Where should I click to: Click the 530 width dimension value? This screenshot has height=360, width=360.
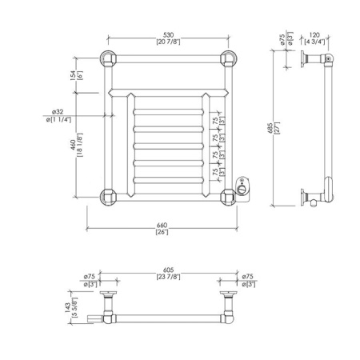click(169, 35)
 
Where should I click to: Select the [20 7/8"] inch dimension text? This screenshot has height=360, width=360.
click(169, 42)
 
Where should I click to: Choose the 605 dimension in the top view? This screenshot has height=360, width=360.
click(168, 270)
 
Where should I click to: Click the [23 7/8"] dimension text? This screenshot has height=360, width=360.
click(168, 277)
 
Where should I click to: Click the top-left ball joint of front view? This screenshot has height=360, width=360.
click(107, 58)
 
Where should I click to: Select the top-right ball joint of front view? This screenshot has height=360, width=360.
click(229, 58)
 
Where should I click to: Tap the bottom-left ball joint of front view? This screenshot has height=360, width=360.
click(107, 194)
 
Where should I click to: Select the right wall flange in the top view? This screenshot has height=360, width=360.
click(230, 295)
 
